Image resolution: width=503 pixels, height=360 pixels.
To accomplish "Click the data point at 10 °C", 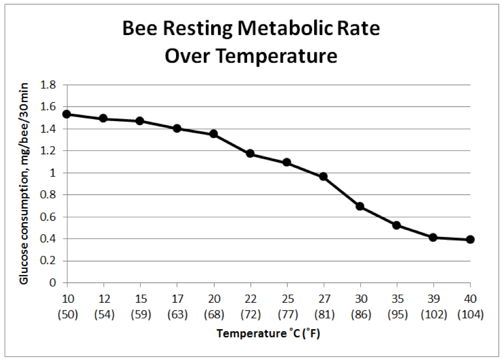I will [66, 114].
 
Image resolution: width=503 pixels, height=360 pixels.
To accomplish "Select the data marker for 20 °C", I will [213, 134].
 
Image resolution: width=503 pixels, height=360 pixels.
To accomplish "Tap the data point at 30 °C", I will [360, 207].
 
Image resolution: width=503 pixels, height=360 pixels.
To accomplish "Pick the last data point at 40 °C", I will [470, 239].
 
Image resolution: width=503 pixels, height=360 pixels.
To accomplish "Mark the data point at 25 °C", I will [287, 163].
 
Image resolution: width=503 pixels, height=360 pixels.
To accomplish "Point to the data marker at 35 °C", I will [396, 225].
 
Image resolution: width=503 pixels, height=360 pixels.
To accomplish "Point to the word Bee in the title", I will [138, 29].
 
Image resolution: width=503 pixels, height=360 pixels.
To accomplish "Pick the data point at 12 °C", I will [103, 118].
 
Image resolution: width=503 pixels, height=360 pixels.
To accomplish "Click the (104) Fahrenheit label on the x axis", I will [470, 314].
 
